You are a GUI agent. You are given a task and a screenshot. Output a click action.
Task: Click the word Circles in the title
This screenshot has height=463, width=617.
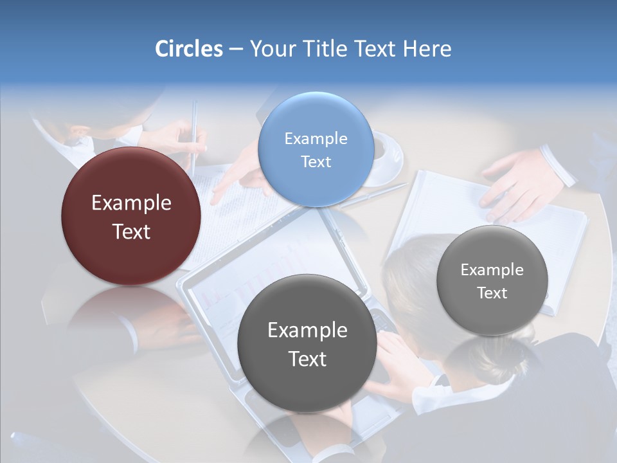(x=189, y=49)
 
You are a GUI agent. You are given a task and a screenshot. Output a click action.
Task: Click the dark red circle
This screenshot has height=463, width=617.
(x=131, y=216)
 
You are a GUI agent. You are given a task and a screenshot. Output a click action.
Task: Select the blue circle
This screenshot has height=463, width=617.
(x=316, y=150)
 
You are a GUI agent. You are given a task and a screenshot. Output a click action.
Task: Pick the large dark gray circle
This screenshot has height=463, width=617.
(x=307, y=343)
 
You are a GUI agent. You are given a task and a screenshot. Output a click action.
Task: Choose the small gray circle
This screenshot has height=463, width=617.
(x=492, y=281)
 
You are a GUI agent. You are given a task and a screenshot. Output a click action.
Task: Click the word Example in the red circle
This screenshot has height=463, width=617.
(x=131, y=203)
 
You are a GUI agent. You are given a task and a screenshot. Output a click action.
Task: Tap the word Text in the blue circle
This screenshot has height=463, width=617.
(x=316, y=162)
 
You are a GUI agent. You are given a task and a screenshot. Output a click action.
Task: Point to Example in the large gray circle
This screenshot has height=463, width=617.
(x=307, y=331)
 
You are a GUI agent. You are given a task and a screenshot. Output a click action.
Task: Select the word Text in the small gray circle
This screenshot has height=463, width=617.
(x=492, y=293)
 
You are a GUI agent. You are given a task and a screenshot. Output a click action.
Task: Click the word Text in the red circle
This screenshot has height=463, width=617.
(x=131, y=232)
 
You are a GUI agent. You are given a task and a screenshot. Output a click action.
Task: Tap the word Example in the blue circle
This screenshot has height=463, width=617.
(x=316, y=139)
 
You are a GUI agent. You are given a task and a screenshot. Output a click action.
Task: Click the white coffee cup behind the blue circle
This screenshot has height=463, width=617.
(x=386, y=154)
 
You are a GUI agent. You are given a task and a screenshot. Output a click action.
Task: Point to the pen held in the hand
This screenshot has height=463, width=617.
(x=194, y=135)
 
